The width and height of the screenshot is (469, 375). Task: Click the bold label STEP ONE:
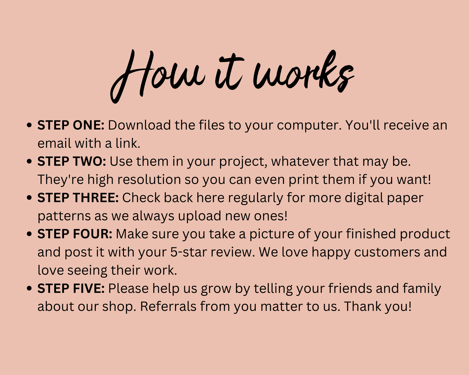(71, 125)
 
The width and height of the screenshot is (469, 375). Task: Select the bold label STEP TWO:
(72, 162)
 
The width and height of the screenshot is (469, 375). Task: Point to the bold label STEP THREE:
(78, 198)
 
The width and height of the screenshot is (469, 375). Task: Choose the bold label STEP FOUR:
(75, 234)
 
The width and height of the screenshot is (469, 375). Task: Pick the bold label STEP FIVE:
(71, 288)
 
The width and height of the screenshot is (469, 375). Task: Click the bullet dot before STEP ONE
(29, 126)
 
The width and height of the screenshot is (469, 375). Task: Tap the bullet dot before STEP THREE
(29, 198)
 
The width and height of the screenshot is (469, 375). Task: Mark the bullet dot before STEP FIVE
(29, 289)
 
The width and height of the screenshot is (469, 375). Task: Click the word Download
(140, 125)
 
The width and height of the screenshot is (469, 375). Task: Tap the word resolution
(149, 179)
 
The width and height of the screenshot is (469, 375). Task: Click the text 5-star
(189, 252)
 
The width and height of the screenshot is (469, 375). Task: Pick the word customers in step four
(387, 252)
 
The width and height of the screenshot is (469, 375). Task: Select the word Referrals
(168, 306)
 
